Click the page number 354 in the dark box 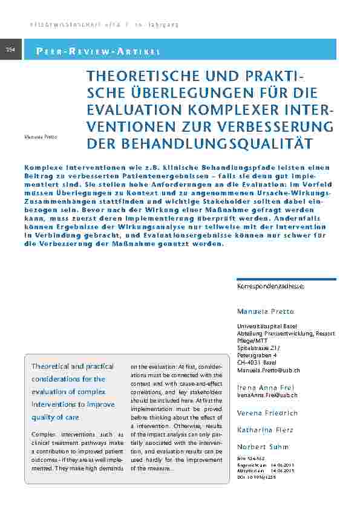[11, 49]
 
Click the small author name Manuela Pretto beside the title [41, 137]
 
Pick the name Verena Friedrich [267, 413]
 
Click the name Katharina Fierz [264, 430]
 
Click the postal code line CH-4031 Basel [257, 362]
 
